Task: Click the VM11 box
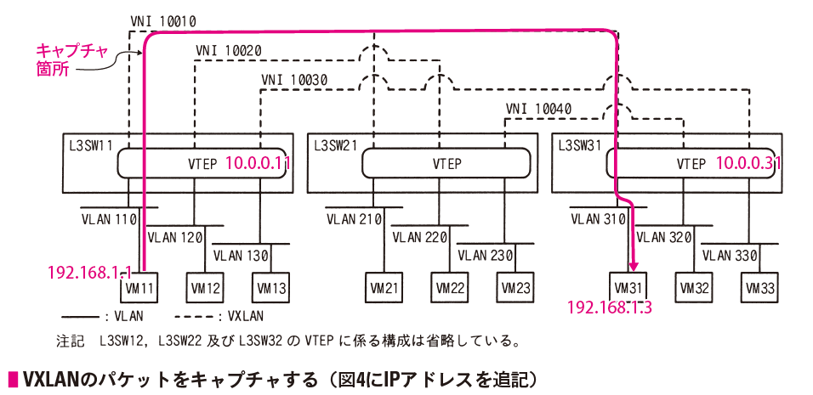click(139, 287)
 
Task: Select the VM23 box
click(515, 287)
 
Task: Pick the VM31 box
click(628, 287)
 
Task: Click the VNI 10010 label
click(162, 21)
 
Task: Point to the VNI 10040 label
click(538, 109)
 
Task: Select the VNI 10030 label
click(294, 81)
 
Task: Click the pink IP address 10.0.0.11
click(257, 164)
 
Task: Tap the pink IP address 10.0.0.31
click(748, 164)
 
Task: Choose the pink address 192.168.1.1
click(89, 273)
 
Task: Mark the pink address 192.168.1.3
click(610, 308)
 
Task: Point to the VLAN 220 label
click(419, 238)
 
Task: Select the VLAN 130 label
click(241, 256)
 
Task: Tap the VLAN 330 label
click(730, 256)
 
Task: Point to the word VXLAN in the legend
click(246, 316)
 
